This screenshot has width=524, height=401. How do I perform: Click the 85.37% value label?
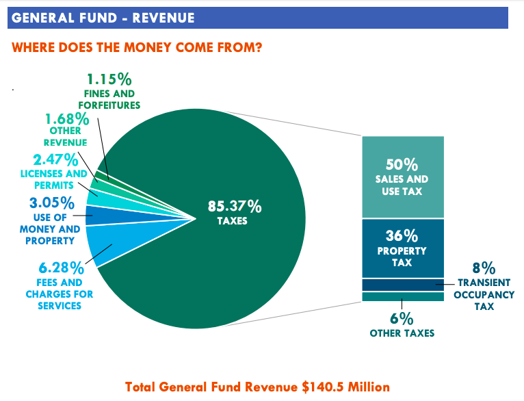[x=235, y=205]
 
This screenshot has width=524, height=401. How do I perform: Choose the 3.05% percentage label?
[x=51, y=203]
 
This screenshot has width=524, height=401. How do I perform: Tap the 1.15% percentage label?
[x=109, y=79]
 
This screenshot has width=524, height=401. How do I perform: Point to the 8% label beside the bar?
[x=484, y=268]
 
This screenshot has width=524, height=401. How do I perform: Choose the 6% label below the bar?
[x=402, y=318]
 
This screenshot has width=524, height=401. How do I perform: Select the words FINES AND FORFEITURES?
[x=109, y=99]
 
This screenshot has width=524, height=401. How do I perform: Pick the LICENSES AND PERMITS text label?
[x=54, y=179]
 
